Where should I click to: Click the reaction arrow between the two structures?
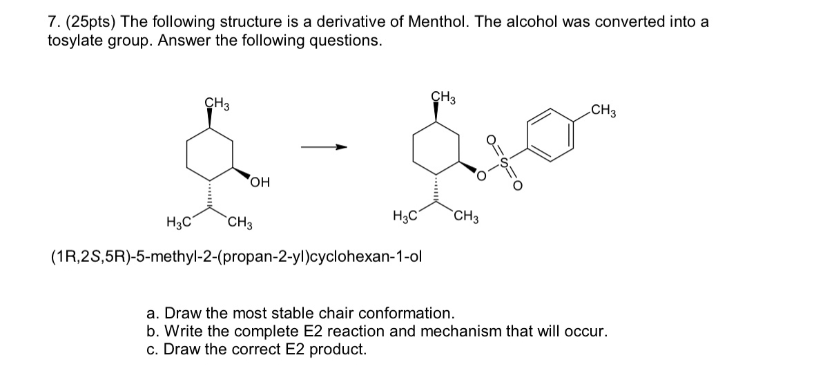pos(322,147)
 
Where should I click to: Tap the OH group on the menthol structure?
pos(260,182)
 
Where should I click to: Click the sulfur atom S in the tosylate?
pos(505,163)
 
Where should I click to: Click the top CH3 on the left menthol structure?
pos(217,105)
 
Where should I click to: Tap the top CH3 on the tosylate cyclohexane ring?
pos(443,97)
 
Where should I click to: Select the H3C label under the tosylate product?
pos(405,217)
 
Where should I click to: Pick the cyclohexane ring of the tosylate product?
pos(435,149)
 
